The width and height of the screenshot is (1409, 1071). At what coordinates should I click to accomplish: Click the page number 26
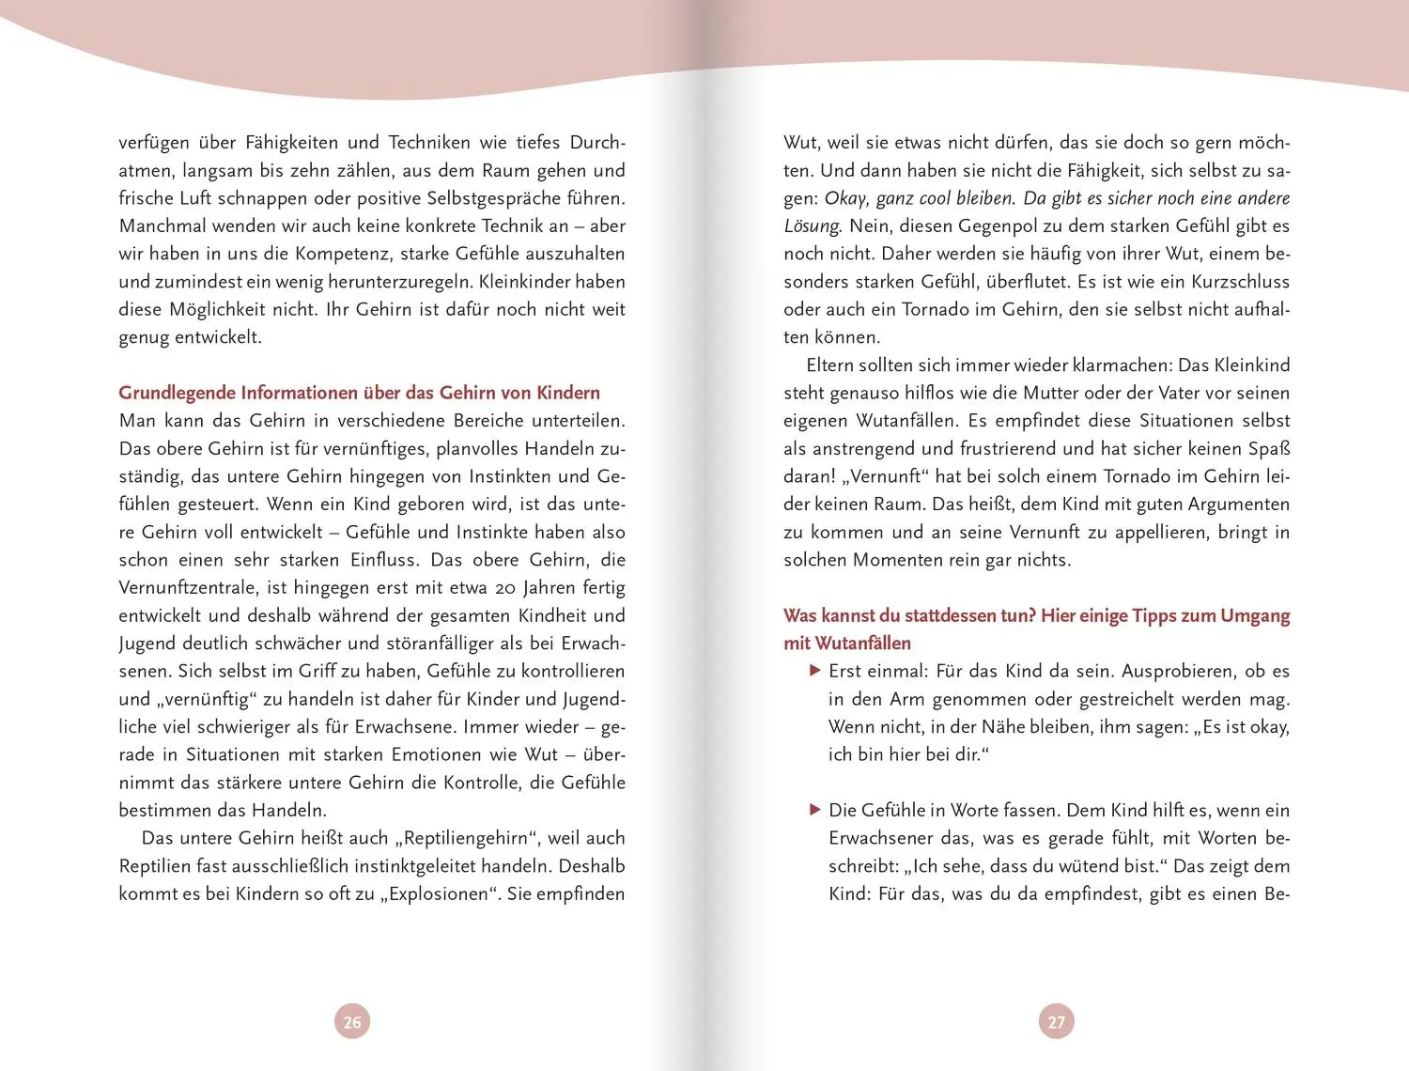352,1022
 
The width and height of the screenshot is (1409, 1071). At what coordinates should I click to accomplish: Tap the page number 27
1057,1022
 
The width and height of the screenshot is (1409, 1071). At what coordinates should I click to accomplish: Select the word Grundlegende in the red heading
177,393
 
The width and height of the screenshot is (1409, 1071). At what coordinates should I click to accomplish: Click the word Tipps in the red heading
1160,615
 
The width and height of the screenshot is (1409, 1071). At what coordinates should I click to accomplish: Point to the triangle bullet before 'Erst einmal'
815,671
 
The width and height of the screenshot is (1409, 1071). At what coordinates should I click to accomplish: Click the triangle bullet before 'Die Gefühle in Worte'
815,810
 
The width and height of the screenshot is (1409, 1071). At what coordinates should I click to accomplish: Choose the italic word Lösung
812,226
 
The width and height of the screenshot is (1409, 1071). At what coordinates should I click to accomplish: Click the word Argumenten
1238,504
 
